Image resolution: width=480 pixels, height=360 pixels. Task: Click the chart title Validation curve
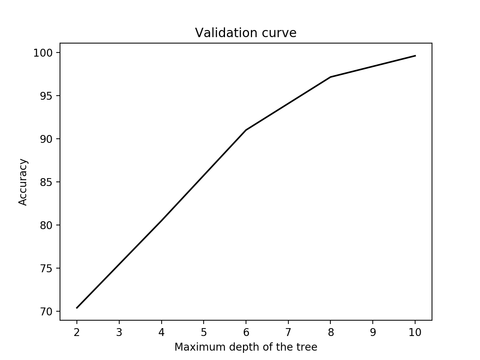click(x=246, y=33)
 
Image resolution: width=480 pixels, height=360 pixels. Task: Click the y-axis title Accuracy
click(x=23, y=182)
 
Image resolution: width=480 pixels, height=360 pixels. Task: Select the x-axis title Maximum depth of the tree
click(x=246, y=347)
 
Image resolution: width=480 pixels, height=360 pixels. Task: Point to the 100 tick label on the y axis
click(x=44, y=53)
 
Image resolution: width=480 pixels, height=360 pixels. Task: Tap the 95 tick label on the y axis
click(x=46, y=96)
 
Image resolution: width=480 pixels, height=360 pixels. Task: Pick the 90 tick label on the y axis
click(x=46, y=139)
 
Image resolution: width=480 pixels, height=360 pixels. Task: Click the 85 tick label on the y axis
click(x=46, y=182)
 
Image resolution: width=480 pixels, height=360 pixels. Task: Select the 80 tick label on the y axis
click(x=46, y=225)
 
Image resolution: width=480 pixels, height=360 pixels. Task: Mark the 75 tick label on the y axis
click(x=46, y=268)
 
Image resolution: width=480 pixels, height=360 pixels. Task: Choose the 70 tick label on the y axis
click(x=46, y=312)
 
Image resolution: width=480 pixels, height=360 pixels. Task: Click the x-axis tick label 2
click(x=77, y=333)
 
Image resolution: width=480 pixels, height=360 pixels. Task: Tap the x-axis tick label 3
click(x=119, y=333)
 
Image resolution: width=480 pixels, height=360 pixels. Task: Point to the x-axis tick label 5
click(x=204, y=333)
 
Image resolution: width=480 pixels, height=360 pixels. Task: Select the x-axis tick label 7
click(x=288, y=333)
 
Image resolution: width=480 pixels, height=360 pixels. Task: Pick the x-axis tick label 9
click(x=373, y=333)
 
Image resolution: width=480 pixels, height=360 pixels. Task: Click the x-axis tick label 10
click(x=415, y=333)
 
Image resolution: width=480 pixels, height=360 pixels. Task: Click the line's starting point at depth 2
click(x=77, y=308)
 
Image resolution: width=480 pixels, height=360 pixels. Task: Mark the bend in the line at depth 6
click(x=246, y=130)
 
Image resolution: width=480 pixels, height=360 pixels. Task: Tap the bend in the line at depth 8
click(x=330, y=77)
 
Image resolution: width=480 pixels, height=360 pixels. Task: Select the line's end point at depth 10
click(x=415, y=56)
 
